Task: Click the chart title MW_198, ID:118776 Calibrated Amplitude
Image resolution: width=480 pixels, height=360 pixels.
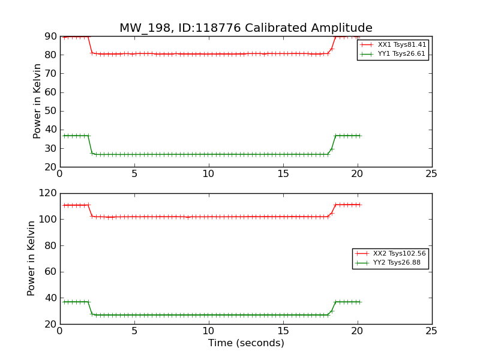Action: pyautogui.click(x=246, y=28)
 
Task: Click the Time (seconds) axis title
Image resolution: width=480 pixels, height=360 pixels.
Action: pyautogui.click(x=246, y=343)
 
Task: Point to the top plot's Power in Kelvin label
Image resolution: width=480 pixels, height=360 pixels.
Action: pyautogui.click(x=37, y=101)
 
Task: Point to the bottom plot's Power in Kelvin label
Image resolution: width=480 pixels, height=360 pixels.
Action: pyautogui.click(x=31, y=258)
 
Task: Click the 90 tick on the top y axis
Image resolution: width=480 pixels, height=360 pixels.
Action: pyautogui.click(x=50, y=37)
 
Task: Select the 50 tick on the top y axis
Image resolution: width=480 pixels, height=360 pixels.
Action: pyautogui.click(x=50, y=111)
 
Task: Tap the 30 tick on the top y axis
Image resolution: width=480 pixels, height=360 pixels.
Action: pyautogui.click(x=50, y=148)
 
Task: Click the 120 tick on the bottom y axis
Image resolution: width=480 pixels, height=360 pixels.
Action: pyautogui.click(x=48, y=193)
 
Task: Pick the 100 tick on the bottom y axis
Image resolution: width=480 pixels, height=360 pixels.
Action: pyautogui.click(x=48, y=220)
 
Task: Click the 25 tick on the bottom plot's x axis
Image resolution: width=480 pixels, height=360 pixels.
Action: pyautogui.click(x=431, y=331)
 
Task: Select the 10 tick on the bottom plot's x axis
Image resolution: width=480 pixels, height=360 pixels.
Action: pyautogui.click(x=208, y=331)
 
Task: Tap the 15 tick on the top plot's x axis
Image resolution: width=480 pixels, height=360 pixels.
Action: pyautogui.click(x=283, y=174)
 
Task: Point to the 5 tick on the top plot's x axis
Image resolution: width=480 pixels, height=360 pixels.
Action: pyautogui.click(x=134, y=174)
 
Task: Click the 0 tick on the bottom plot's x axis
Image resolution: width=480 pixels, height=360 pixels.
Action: pyautogui.click(x=60, y=331)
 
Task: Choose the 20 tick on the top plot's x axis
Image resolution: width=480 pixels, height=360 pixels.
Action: pyautogui.click(x=357, y=174)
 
